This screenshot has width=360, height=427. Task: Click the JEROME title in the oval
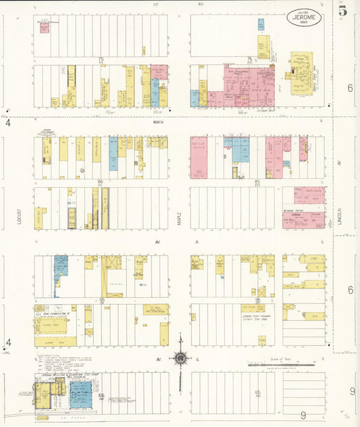tap(303, 14)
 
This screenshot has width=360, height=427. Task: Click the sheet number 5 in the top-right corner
tap(344, 11)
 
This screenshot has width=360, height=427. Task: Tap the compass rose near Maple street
tap(180, 357)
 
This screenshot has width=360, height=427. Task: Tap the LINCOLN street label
tap(340, 217)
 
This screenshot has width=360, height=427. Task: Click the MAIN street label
tap(159, 122)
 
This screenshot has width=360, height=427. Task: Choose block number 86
tap(100, 182)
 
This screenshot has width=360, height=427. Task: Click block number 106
tap(101, 395)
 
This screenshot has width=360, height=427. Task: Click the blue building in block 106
tap(81, 394)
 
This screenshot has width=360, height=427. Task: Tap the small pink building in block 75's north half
tap(44, 28)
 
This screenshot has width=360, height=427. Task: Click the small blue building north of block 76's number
tap(261, 24)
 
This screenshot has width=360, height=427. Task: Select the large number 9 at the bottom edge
tap(303, 416)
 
